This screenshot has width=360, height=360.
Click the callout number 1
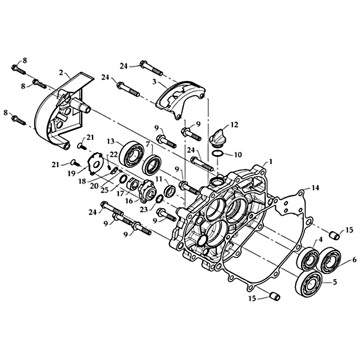271,162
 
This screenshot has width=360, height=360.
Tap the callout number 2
61,73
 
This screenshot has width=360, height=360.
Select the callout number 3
154,82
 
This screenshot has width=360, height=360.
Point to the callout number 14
315,188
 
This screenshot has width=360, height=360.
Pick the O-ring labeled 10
217,153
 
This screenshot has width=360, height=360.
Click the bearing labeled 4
308,259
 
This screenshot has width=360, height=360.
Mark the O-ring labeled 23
160,198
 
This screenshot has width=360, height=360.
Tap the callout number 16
129,201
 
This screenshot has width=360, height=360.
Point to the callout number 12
234,125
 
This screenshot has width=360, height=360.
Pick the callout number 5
334,282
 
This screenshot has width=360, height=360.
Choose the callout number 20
94,186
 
